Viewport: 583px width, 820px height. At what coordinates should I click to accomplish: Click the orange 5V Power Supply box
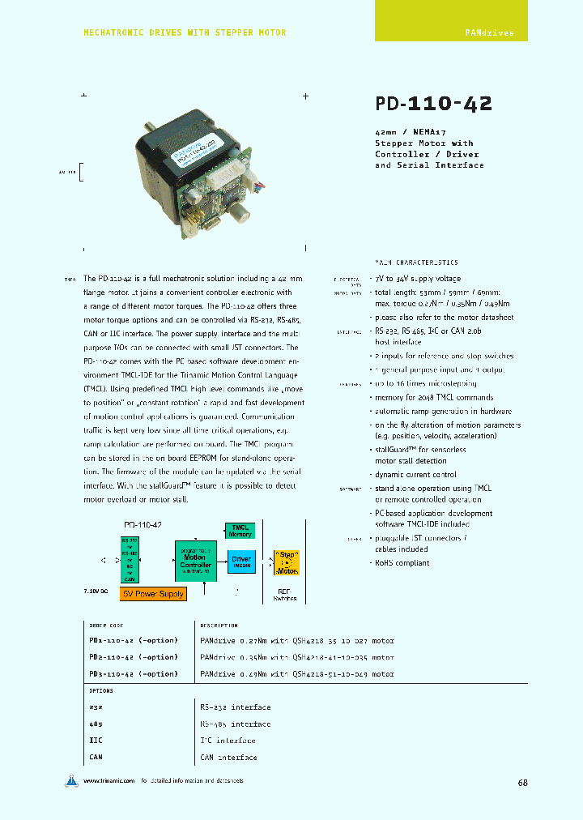pyautogui.click(x=153, y=594)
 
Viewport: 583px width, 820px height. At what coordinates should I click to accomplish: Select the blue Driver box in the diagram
pyautogui.click(x=240, y=560)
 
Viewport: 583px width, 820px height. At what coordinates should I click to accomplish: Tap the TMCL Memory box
pyautogui.click(x=240, y=531)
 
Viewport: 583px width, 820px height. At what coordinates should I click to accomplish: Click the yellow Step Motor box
pyautogui.click(x=287, y=561)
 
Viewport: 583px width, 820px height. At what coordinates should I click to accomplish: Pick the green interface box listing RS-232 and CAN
pyautogui.click(x=130, y=559)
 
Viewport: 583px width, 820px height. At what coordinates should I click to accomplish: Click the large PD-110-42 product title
pyautogui.click(x=433, y=104)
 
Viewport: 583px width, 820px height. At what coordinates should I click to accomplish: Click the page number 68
pyautogui.click(x=522, y=783)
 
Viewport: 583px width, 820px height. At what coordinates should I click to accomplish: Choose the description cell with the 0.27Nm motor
pyautogui.click(x=296, y=641)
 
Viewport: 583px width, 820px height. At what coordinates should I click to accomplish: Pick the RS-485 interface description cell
pyautogui.click(x=235, y=724)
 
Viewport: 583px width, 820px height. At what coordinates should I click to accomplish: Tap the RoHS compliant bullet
pyautogui.click(x=402, y=562)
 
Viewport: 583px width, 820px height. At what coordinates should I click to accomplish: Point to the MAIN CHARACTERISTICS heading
pyautogui.click(x=416, y=263)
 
